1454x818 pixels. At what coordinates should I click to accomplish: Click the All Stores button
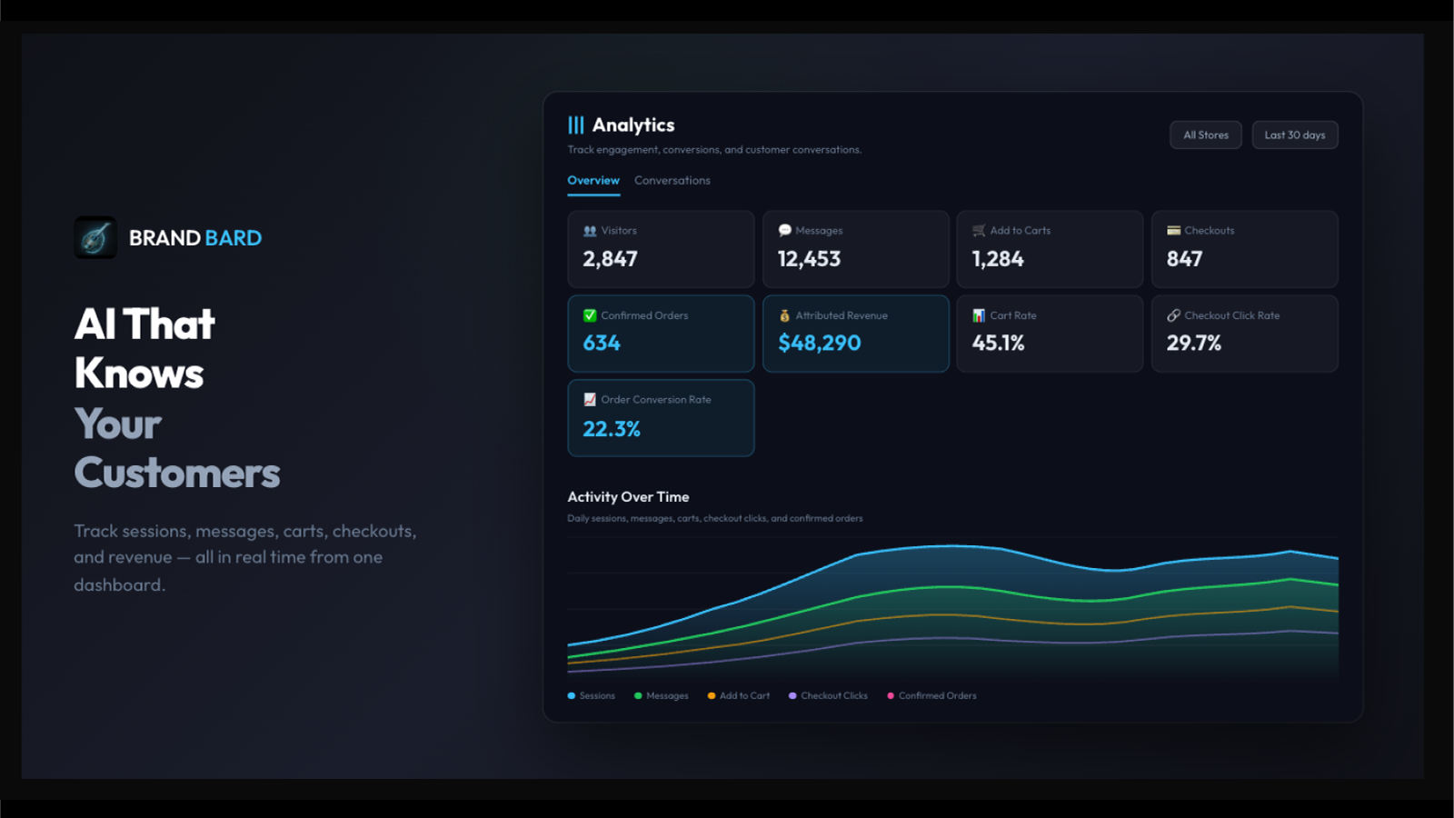pos(1205,135)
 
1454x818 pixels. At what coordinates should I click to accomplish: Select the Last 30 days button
pos(1294,135)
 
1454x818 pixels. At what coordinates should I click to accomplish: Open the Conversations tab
pos(672,181)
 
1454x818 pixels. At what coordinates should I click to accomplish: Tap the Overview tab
pos(593,181)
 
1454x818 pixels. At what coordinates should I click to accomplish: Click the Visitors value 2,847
pos(610,259)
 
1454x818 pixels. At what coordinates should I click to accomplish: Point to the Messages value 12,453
pos(809,259)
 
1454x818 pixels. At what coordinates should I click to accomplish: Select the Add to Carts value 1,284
pos(998,259)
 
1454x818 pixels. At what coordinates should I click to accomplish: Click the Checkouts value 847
pos(1185,259)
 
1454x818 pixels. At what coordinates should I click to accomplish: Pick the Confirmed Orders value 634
pos(602,343)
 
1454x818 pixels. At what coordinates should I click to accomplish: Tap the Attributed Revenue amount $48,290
pos(819,343)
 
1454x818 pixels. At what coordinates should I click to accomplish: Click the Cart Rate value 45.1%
pos(999,343)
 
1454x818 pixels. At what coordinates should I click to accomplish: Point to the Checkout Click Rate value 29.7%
pos(1194,343)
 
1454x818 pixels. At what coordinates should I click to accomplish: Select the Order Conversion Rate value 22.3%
pos(612,428)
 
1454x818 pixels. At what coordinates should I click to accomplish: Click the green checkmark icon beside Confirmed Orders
pos(590,315)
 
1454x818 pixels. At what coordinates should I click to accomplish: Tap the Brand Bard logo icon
pos(95,237)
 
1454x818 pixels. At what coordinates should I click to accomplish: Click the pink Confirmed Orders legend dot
pos(891,696)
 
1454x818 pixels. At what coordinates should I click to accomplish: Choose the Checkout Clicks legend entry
pos(828,696)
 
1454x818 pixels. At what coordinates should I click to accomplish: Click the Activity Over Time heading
pos(628,497)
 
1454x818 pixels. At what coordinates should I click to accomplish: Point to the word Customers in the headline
pos(177,473)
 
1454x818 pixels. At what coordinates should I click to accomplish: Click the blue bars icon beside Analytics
pos(576,125)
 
